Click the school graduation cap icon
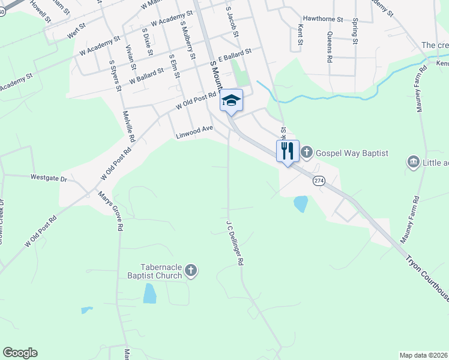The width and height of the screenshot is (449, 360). pos(231,101)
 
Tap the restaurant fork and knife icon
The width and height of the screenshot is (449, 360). pos(288,150)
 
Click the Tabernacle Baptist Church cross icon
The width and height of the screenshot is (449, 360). pos(191,271)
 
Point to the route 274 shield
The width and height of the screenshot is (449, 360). pos(319,181)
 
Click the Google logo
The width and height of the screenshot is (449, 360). pos(20,353)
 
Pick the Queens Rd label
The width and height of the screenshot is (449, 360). pos(329,47)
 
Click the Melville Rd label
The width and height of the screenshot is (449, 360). pos(128,126)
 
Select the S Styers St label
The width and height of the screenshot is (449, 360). pos(115,75)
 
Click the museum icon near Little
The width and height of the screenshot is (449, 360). pos(413,162)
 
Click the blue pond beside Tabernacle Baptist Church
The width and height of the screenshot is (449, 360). pos(149,293)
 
